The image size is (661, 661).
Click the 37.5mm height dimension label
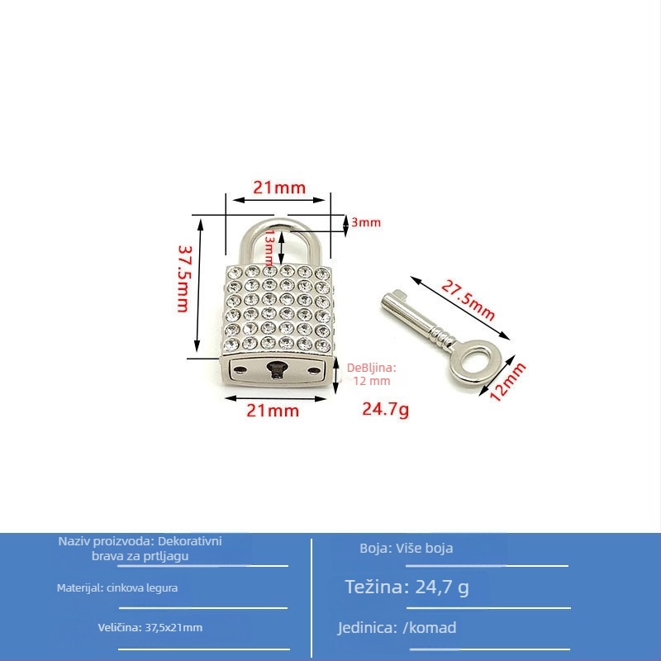[x=184, y=279]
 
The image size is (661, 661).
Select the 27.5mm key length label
[x=468, y=301]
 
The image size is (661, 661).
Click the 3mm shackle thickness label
[x=366, y=222]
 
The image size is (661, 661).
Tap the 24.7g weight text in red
[x=385, y=409]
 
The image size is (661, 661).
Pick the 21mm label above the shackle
[x=279, y=188]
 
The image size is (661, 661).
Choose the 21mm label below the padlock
[x=273, y=411]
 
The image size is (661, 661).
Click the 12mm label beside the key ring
[x=507, y=381]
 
